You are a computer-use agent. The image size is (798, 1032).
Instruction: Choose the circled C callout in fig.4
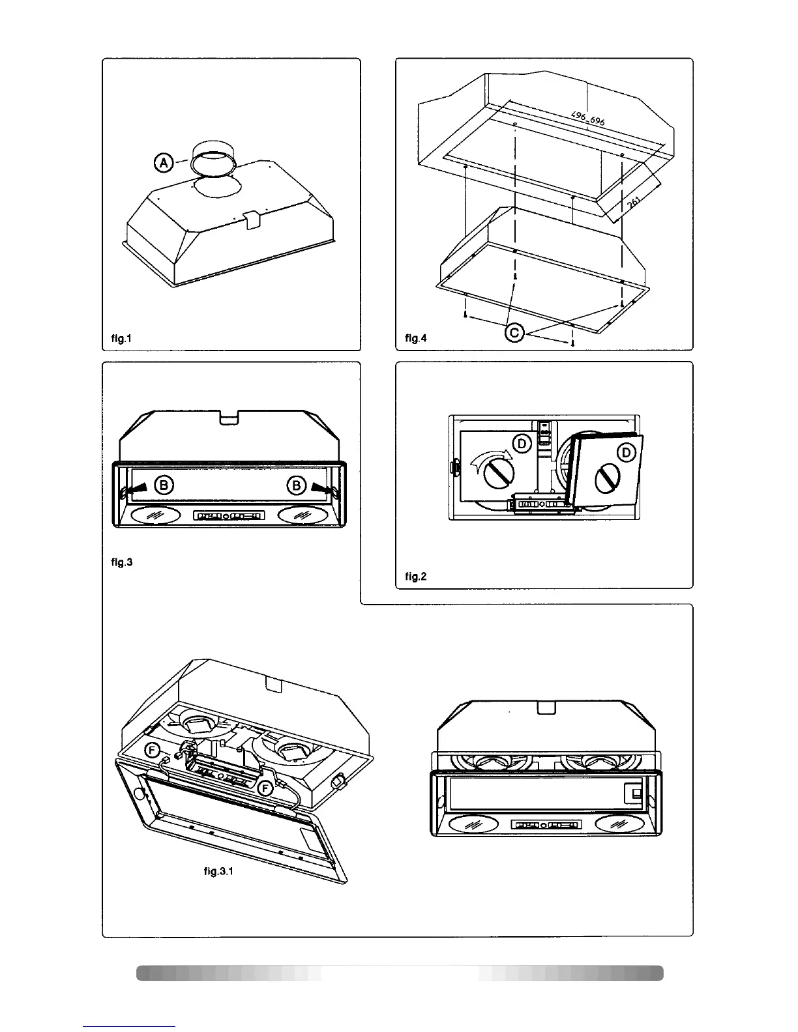[514, 333]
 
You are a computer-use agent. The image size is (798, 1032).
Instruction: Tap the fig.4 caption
[415, 338]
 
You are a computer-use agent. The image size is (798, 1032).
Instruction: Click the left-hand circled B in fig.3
[164, 485]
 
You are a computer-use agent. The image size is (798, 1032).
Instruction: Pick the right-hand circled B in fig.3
[297, 485]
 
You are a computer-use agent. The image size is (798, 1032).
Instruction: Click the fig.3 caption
[121, 562]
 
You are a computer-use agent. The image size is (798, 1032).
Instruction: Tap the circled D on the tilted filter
[627, 453]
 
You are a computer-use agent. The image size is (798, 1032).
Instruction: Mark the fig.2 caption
[415, 576]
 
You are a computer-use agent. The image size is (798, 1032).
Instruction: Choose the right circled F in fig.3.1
[265, 789]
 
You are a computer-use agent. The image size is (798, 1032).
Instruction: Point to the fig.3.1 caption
[218, 870]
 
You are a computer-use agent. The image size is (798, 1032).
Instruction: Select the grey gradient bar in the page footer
[400, 973]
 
